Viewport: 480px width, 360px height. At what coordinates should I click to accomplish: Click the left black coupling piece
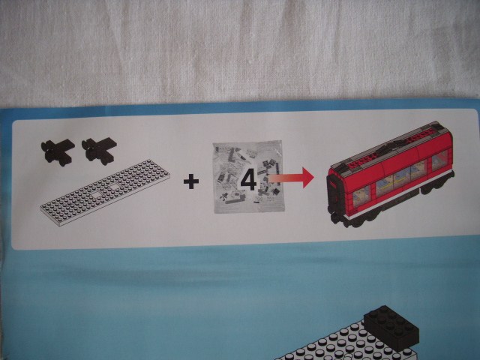[58, 151]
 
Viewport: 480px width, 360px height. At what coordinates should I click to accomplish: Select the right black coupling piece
[99, 151]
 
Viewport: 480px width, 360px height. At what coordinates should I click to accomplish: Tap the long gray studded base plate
[105, 192]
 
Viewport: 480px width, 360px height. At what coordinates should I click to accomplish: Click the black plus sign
[191, 181]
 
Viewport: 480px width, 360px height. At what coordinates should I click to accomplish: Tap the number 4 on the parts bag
[248, 179]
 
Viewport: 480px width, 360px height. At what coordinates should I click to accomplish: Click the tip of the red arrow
[314, 178]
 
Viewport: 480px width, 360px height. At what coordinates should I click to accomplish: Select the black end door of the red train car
[334, 195]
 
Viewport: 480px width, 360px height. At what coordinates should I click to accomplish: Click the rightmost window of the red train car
[439, 160]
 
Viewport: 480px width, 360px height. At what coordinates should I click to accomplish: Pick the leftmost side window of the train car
[361, 196]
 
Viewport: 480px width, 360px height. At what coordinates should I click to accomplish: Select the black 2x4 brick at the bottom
[391, 328]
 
